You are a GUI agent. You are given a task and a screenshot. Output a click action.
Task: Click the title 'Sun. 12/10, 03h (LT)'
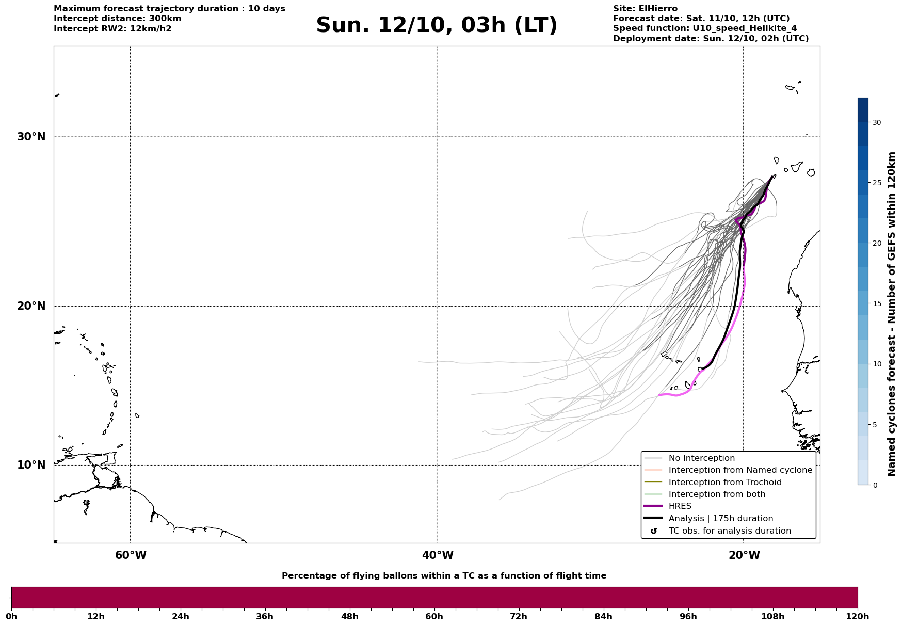point(437,25)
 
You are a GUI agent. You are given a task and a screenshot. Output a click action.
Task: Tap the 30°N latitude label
point(31,137)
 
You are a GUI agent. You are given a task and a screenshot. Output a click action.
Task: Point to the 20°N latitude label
point(31,306)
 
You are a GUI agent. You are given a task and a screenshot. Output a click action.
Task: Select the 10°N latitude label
point(31,465)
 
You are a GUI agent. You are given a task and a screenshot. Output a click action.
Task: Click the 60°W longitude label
point(131,555)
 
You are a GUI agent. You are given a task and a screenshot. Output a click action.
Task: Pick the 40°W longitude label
point(438,555)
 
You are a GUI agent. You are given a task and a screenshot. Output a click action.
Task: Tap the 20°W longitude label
point(744,555)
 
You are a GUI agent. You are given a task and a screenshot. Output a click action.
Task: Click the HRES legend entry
point(680,506)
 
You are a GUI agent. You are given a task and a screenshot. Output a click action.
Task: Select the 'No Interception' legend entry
point(701,458)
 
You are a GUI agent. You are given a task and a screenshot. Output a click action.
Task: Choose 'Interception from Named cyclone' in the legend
point(740,470)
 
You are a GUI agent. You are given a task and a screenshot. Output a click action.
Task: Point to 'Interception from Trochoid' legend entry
point(724,483)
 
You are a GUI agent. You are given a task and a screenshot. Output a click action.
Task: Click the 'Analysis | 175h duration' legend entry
point(720,519)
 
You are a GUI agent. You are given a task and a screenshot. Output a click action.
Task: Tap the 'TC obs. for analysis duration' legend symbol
point(654,531)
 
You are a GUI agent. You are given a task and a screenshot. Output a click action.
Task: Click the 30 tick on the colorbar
point(877,122)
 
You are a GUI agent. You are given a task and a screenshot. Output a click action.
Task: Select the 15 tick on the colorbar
point(877,303)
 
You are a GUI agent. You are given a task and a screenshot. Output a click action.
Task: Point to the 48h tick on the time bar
point(349,616)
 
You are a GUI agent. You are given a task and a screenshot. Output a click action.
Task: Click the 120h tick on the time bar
point(858,616)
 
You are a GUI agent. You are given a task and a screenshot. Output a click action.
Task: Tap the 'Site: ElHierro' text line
point(645,9)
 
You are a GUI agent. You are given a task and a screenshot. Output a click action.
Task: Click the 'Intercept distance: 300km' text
point(117,19)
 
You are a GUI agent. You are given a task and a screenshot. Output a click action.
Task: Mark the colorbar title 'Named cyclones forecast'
point(891,314)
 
